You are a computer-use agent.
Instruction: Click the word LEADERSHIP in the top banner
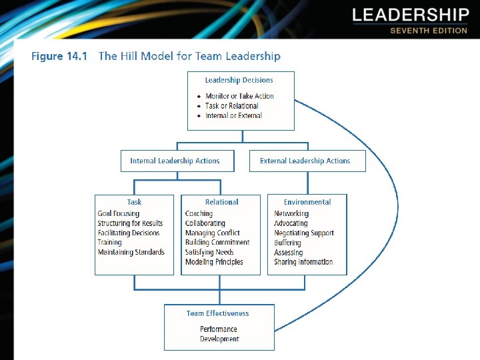point(410,15)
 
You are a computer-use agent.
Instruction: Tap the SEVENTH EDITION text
point(429,31)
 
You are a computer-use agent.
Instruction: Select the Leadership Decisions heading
point(239,80)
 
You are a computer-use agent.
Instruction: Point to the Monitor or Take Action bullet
point(239,96)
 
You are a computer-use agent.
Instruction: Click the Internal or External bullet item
point(233,115)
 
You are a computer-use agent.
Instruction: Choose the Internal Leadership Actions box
point(175,161)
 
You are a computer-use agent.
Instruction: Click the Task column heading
point(134,202)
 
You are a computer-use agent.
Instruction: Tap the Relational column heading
point(221,202)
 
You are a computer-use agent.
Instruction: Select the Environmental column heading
point(307,202)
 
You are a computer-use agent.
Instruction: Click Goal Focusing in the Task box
point(119,214)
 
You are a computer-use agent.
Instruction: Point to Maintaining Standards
point(131,253)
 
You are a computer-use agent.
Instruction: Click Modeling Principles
point(214,262)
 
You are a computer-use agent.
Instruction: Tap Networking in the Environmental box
point(291,214)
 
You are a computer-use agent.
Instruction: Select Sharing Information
point(303,262)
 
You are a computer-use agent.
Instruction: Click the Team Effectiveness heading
point(217,313)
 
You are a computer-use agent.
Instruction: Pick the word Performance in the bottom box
point(219,329)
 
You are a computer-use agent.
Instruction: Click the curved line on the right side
point(397,200)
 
